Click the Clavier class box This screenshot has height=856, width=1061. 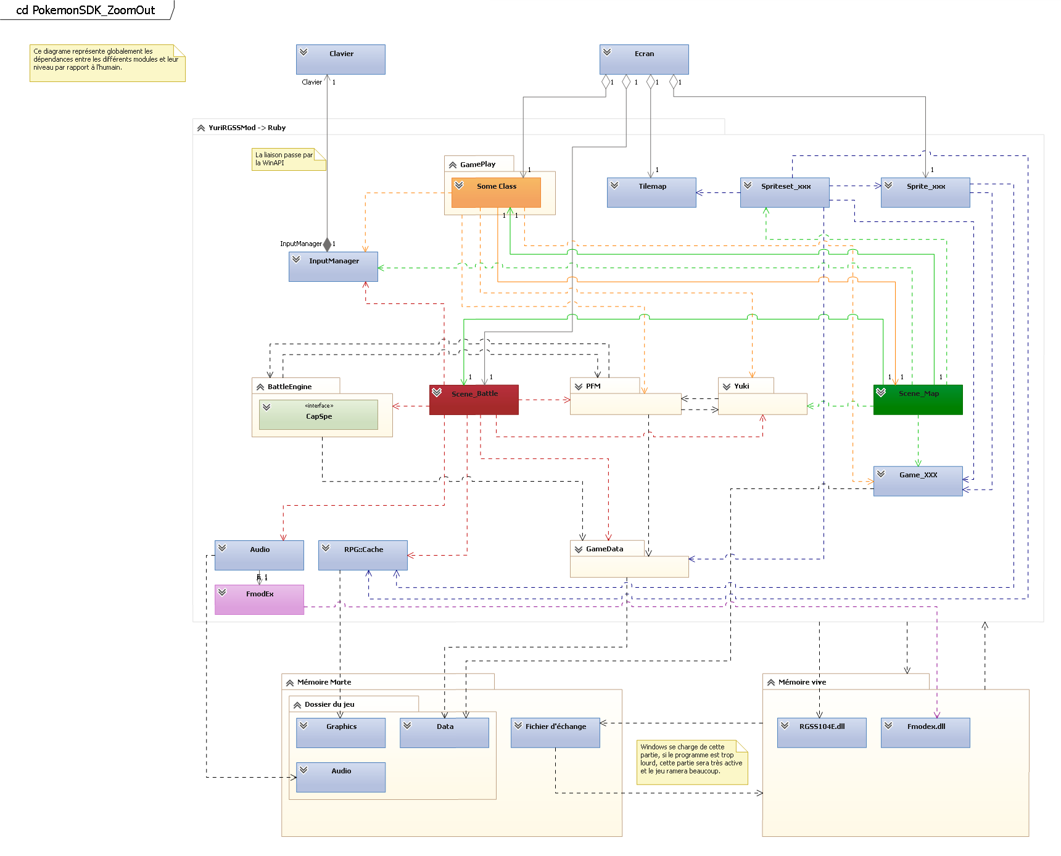(x=341, y=59)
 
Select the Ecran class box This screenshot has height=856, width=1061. (x=644, y=59)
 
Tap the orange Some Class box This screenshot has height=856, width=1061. (x=496, y=192)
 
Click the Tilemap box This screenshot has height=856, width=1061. (x=651, y=192)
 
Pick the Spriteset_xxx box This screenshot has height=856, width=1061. (x=785, y=192)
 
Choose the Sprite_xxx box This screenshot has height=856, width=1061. (x=925, y=192)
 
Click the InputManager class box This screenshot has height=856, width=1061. (x=333, y=266)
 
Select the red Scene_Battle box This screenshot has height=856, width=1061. (x=474, y=400)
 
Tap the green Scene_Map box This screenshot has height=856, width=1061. (x=918, y=400)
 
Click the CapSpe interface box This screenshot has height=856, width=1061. (x=318, y=414)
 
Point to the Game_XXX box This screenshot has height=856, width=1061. (x=918, y=481)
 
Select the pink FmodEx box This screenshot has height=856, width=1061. (x=259, y=599)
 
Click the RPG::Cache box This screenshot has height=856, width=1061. (x=363, y=555)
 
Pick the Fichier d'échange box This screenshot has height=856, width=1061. (x=555, y=733)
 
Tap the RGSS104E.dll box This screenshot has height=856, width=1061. (x=822, y=733)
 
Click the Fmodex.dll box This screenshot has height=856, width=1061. (x=925, y=733)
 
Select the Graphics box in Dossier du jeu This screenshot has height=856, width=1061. (x=341, y=733)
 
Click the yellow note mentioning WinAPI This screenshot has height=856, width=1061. (x=287, y=159)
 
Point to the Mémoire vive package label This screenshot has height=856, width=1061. (x=802, y=682)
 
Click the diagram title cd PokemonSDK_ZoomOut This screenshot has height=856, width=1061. (x=85, y=10)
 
